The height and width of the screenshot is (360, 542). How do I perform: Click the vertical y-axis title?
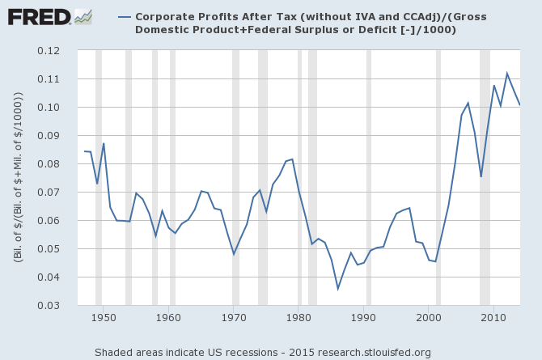18,178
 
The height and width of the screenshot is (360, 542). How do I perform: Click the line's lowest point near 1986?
338,289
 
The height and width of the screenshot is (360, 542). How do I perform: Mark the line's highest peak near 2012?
507,74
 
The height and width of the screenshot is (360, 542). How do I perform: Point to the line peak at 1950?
104,143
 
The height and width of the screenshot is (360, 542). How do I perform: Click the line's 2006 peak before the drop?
468,103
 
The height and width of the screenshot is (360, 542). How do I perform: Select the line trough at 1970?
234,254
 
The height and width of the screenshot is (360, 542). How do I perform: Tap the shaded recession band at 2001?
438,178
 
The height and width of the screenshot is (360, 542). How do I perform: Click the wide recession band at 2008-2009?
485,178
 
